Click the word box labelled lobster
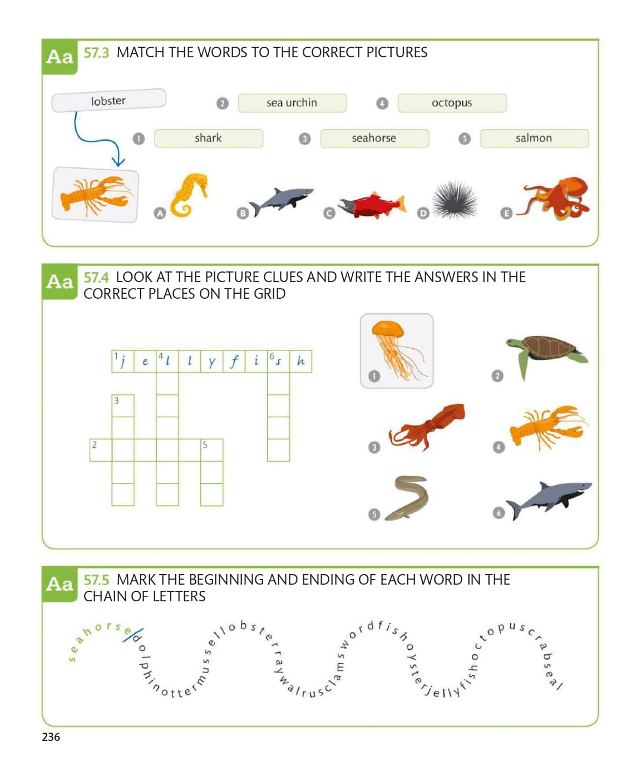(x=109, y=100)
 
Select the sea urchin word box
(x=292, y=103)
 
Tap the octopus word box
(x=452, y=103)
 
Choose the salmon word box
(x=534, y=139)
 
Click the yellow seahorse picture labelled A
(x=188, y=195)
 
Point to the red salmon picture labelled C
(x=372, y=205)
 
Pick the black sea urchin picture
(x=455, y=200)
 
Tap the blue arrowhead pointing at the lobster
(x=118, y=161)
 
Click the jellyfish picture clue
(x=396, y=350)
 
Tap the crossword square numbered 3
(x=123, y=406)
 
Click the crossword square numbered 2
(x=101, y=450)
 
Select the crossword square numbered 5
(x=211, y=450)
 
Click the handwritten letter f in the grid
(x=234, y=362)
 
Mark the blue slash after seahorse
(x=133, y=635)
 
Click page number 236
(x=51, y=737)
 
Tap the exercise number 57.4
(x=96, y=278)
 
